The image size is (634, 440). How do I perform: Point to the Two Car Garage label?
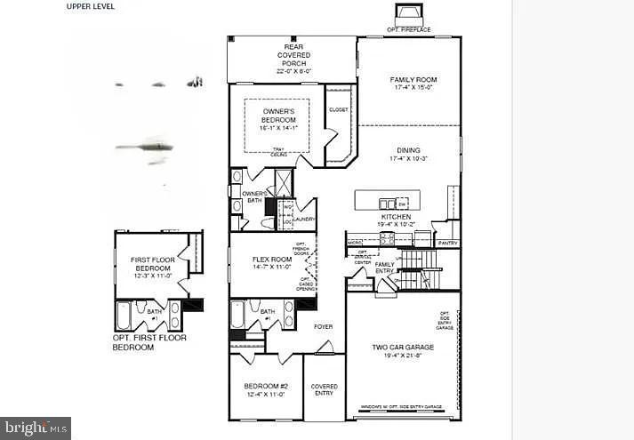click(x=403, y=351)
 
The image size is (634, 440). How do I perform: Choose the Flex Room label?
click(x=272, y=262)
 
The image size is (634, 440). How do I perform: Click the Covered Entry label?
click(x=324, y=390)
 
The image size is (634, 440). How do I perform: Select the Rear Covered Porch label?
click(x=293, y=55)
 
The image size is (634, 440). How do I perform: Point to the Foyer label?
click(x=323, y=326)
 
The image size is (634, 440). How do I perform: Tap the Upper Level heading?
click(x=90, y=6)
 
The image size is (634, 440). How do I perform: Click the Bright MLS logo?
click(x=36, y=428)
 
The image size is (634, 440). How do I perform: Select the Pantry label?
click(x=448, y=242)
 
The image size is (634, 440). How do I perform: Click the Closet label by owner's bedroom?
click(x=338, y=110)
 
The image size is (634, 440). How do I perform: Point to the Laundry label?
click(x=305, y=219)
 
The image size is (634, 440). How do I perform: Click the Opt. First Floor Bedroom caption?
click(x=148, y=342)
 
